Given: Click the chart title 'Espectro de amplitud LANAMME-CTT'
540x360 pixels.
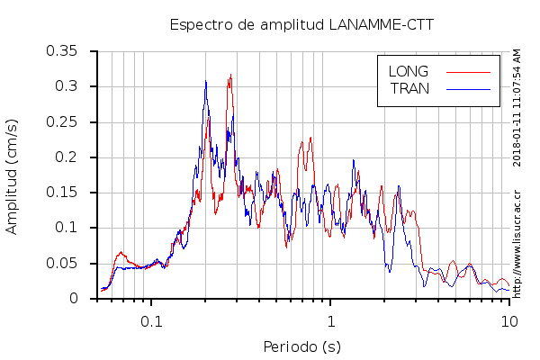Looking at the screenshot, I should click(x=302, y=24).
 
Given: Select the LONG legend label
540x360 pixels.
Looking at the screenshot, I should click(x=408, y=71).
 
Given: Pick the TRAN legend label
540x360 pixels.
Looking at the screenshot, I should click(x=409, y=88).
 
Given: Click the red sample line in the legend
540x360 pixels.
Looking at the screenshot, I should click(x=468, y=71).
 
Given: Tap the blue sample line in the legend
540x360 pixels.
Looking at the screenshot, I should click(x=468, y=88).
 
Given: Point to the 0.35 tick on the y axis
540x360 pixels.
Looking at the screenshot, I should click(x=62, y=51).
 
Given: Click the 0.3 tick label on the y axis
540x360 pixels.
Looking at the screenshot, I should click(x=67, y=86).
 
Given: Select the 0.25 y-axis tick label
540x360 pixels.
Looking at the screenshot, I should click(x=62, y=121).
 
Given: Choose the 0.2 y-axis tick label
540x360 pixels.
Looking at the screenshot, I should click(x=67, y=157).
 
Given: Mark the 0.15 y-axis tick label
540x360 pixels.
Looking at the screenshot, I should click(x=62, y=193).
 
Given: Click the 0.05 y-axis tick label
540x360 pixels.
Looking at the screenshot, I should click(x=62, y=263).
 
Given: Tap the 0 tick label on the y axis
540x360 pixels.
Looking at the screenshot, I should click(x=76, y=299).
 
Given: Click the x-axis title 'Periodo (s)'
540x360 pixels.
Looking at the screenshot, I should click(x=302, y=346).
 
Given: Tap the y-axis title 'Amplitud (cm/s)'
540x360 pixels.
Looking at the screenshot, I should click(x=12, y=175).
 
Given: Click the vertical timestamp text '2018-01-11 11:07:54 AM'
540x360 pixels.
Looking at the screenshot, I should click(x=517, y=107).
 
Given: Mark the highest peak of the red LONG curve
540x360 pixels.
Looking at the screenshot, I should click(x=230, y=75).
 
